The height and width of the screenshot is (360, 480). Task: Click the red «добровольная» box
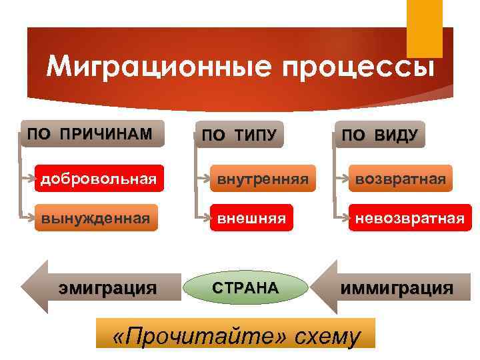click(99, 179)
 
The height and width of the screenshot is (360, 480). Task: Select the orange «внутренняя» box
click(257, 179)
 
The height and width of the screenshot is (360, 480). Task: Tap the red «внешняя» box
click(251, 218)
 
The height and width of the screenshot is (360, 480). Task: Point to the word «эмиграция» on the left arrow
click(107, 288)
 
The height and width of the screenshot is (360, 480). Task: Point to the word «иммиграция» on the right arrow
click(397, 289)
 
